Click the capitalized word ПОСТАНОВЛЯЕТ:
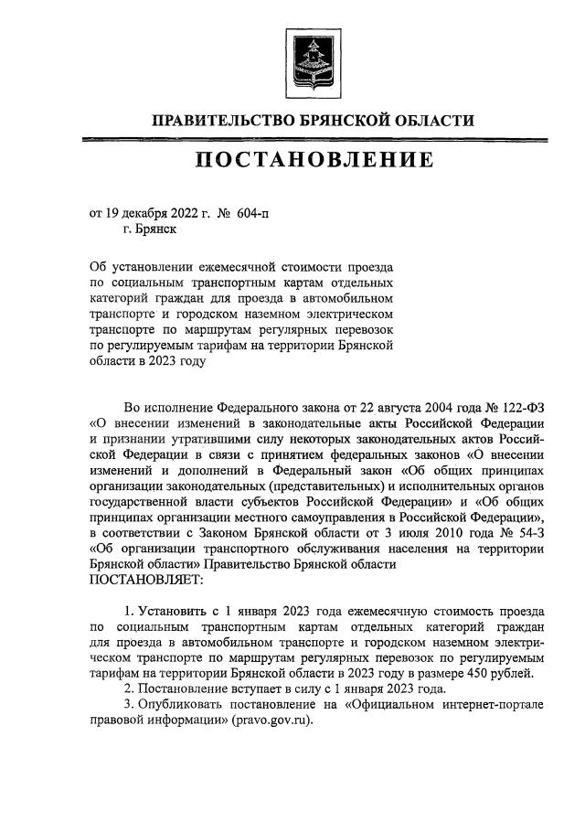(x=146, y=579)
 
